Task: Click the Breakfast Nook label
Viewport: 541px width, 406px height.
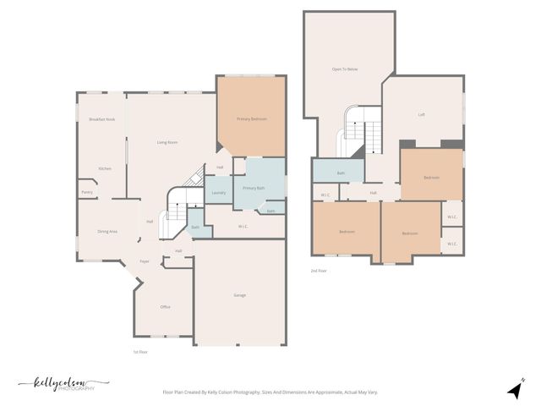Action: pos(101,119)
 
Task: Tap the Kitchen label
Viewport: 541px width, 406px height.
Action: pos(105,168)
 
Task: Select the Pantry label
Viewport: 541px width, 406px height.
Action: pos(87,192)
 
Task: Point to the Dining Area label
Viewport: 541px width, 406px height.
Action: pos(107,231)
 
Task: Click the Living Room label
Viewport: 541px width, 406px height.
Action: pos(167,142)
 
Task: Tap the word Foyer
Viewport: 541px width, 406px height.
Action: pos(145,261)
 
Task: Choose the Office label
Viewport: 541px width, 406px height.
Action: pos(166,306)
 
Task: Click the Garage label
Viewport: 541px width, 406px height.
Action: pos(240,295)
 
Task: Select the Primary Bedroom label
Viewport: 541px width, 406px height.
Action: pos(252,119)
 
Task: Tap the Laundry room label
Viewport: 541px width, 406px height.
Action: pos(218,193)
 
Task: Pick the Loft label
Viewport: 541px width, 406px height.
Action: pos(422,115)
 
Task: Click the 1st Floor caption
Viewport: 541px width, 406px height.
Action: pos(140,351)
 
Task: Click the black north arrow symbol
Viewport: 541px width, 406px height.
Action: pos(513,390)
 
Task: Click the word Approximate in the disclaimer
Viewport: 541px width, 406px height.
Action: pos(322,392)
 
